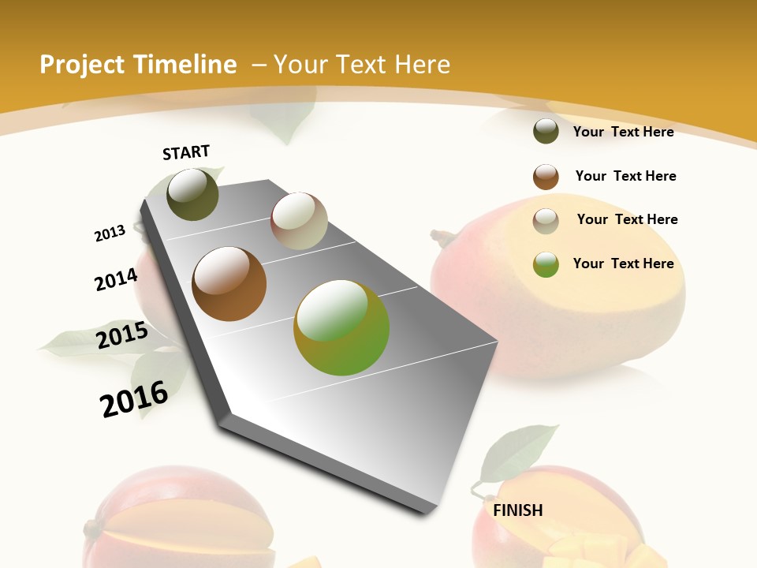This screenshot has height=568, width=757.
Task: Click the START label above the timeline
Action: coord(186,151)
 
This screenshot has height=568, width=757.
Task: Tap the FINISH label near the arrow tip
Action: coord(518,510)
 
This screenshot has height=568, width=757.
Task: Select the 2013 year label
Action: coord(110,234)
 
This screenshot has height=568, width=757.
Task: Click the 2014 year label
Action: coord(117,279)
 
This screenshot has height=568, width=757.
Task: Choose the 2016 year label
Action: coord(135,399)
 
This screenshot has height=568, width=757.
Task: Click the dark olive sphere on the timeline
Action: coord(193,195)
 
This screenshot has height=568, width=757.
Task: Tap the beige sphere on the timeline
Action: coord(299,222)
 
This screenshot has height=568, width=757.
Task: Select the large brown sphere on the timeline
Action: coord(229,284)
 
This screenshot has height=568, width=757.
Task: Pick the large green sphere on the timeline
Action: coord(341,327)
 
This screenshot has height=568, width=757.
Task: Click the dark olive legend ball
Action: coord(546,131)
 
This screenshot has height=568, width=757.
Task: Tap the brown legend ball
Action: coord(546,177)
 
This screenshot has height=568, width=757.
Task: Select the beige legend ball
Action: coord(546,221)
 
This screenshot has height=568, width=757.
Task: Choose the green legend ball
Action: coord(546,264)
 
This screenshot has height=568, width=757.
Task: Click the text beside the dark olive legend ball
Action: coord(623,132)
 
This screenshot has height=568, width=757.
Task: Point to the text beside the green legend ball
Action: coord(623,263)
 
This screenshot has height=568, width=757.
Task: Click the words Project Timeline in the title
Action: coord(138,65)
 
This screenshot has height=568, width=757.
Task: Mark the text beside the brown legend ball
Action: coord(625,176)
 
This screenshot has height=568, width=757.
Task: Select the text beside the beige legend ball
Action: coord(627,219)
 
